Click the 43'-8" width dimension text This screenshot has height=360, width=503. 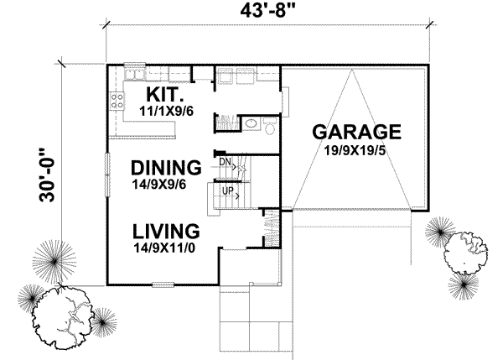click(269, 13)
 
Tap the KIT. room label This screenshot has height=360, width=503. click(168, 92)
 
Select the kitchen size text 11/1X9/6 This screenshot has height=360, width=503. click(167, 109)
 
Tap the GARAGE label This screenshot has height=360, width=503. click(356, 132)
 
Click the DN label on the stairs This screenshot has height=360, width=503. click(225, 160)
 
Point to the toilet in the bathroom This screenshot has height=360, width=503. click(268, 126)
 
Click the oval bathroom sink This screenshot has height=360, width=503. click(251, 126)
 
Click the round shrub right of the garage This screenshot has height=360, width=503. click(460, 249)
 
